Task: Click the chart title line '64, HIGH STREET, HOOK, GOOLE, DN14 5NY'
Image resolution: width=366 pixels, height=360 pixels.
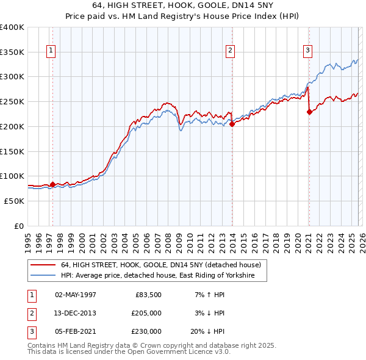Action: coord(183,6)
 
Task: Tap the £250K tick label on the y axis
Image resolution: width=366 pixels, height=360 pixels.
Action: coord(12,101)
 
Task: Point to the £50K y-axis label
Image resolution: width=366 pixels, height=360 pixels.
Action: coord(14,201)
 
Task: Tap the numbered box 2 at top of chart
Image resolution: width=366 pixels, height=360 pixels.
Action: coord(230,51)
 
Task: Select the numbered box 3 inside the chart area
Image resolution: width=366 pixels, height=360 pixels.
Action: coord(308,51)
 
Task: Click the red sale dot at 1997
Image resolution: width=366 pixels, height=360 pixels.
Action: coord(52,184)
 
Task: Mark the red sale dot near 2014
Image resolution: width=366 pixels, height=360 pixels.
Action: coord(232,124)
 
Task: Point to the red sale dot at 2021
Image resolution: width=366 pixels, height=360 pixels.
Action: coord(309,112)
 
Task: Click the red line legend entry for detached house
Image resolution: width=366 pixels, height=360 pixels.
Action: coord(160,265)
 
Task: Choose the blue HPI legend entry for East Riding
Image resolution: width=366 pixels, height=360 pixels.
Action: coord(163,276)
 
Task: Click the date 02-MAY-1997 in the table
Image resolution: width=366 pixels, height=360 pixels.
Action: coord(76,295)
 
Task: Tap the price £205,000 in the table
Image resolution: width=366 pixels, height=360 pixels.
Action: coord(146,313)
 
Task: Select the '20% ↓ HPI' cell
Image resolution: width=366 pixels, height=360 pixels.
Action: coord(207,331)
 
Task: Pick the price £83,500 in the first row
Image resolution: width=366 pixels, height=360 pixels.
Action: coord(148,295)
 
